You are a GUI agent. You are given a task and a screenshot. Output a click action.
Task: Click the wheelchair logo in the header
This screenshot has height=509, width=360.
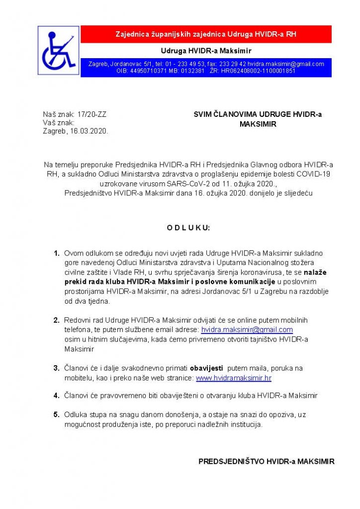tap(59, 50)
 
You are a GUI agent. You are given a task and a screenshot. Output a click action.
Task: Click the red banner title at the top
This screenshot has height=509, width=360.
tap(206, 34)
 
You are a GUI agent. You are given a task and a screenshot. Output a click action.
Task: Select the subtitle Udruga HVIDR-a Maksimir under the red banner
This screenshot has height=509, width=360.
tap(206, 51)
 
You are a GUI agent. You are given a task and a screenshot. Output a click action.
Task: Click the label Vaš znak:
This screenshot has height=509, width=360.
tap(58, 122)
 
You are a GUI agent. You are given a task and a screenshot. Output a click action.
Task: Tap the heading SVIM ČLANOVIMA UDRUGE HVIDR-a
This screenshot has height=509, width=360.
tap(257, 114)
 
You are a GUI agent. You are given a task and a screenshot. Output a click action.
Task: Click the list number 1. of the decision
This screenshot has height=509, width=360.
tap(57, 254)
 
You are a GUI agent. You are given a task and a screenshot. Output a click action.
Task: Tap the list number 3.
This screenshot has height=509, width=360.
tap(57, 368)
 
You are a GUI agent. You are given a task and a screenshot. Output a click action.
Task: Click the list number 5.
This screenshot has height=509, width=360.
tap(57, 414)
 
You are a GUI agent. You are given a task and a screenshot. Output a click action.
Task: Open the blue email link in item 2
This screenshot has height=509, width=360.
tap(247, 330)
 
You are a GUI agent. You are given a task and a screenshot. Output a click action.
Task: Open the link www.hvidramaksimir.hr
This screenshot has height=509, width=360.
tap(234, 378)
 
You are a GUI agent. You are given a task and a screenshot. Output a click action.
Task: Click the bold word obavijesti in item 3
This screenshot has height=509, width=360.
tap(206, 368)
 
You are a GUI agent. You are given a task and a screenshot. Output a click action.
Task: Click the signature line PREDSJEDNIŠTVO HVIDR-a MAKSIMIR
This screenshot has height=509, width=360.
tap(266, 461)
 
